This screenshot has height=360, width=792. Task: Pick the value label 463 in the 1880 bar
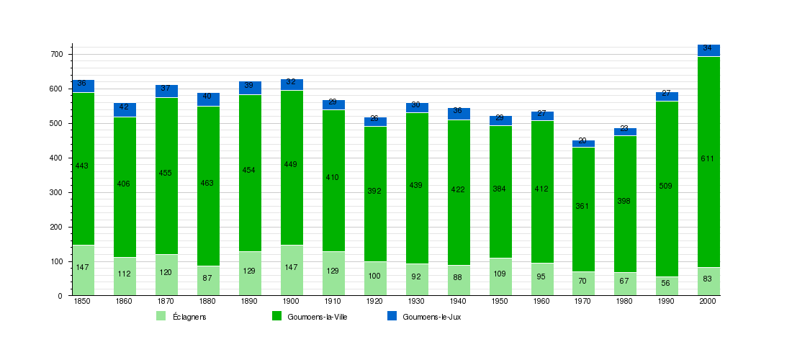point(207,183)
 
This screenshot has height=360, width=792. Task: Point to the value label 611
point(708,158)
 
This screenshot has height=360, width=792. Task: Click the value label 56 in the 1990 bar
point(666,282)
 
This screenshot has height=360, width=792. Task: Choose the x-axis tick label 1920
point(374,301)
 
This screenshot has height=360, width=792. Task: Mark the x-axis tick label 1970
point(582,301)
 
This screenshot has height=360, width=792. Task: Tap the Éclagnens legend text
point(189,317)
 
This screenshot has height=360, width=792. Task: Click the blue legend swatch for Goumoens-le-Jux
point(392,316)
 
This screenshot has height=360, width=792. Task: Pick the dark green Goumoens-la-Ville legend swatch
point(276,316)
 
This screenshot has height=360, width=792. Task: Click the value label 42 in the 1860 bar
point(124,107)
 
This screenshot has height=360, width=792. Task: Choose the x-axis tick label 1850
point(82,301)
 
